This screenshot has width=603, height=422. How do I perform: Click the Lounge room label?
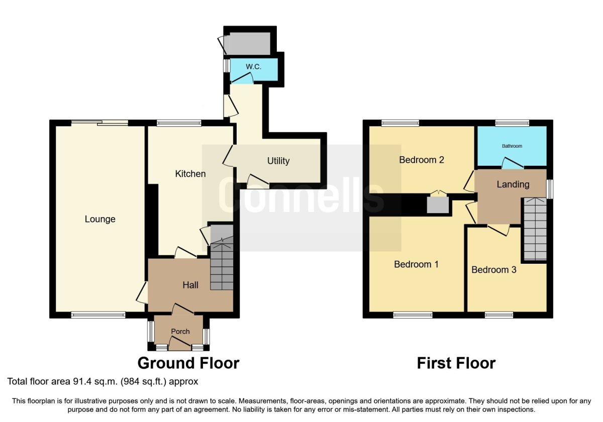(100, 220)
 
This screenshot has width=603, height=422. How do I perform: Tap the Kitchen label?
(190, 174)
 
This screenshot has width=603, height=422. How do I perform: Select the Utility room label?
(278, 161)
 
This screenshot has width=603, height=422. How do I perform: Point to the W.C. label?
(254, 66)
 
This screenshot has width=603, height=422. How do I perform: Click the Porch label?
(180, 331)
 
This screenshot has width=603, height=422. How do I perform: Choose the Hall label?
(190, 285)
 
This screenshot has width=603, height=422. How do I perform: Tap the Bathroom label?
(512, 146)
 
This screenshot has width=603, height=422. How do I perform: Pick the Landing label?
(513, 184)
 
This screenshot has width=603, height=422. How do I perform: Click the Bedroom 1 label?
(416, 264)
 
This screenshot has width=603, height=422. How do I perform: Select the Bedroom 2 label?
(422, 160)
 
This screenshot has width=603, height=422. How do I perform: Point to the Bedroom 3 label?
(494, 270)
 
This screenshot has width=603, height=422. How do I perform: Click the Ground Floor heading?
(188, 363)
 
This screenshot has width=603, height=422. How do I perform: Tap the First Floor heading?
(456, 363)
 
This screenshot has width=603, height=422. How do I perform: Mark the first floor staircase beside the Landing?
(535, 229)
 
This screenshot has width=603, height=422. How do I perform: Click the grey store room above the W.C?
(248, 44)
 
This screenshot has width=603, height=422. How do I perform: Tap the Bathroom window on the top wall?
(512, 123)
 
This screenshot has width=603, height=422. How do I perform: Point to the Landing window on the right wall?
(550, 189)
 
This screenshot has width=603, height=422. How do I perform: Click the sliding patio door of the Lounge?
(99, 123)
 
